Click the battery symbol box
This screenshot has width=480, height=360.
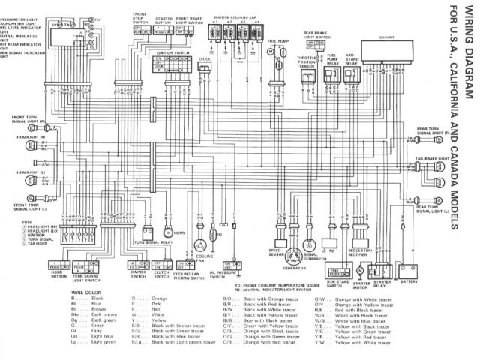tap(409, 268)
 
